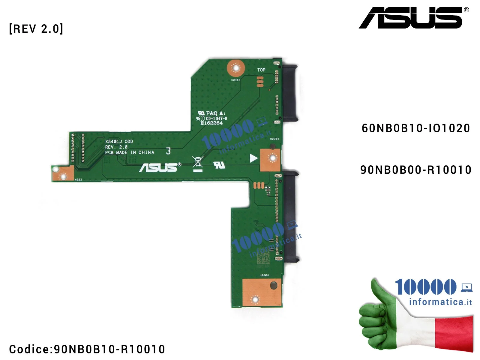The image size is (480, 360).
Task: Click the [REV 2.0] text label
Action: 36,29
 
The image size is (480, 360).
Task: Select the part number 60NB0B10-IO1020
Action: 416,128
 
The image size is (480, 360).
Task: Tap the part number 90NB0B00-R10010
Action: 416,170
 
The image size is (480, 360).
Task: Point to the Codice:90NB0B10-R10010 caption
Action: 87,349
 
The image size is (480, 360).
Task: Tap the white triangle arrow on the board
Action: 253,158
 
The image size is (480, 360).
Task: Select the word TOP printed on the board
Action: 261,70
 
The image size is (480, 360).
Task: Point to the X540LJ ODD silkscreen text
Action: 119,141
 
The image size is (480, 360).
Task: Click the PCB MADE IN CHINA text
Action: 130,152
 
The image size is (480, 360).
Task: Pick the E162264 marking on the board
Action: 211,123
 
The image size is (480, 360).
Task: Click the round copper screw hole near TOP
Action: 236,68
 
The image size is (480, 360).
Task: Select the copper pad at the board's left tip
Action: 63,173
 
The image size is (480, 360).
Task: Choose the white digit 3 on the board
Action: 168,151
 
